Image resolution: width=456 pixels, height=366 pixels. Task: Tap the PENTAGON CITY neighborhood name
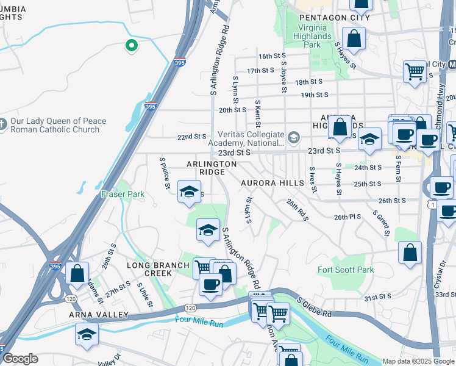(335, 18)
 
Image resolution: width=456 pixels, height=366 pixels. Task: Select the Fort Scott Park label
(346, 270)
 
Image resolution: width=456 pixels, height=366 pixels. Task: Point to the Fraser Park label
(123, 195)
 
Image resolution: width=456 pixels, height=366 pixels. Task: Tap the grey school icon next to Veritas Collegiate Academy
(294, 137)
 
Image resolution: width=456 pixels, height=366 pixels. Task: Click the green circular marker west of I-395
(130, 45)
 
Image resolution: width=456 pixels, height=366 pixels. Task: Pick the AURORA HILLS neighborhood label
(272, 183)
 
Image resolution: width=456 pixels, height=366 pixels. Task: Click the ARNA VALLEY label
(99, 315)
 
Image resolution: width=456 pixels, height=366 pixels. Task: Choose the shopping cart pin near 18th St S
(415, 71)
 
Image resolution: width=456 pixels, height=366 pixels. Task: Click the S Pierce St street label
(164, 173)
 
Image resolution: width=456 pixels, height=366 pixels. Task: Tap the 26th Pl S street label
(347, 217)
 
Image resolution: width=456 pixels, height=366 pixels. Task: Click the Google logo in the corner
(20, 358)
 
